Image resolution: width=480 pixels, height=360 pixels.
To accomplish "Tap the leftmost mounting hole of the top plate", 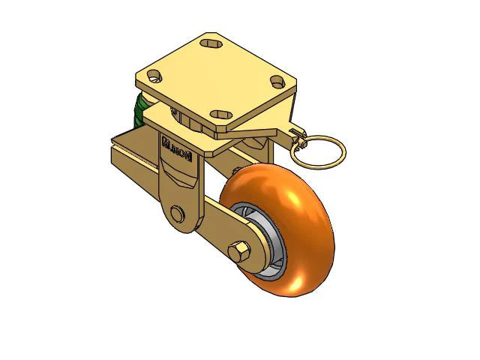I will [154, 76].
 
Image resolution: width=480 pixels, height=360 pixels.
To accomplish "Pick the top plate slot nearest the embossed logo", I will [220, 114].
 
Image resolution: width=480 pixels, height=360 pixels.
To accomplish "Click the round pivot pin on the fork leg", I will [177, 214].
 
